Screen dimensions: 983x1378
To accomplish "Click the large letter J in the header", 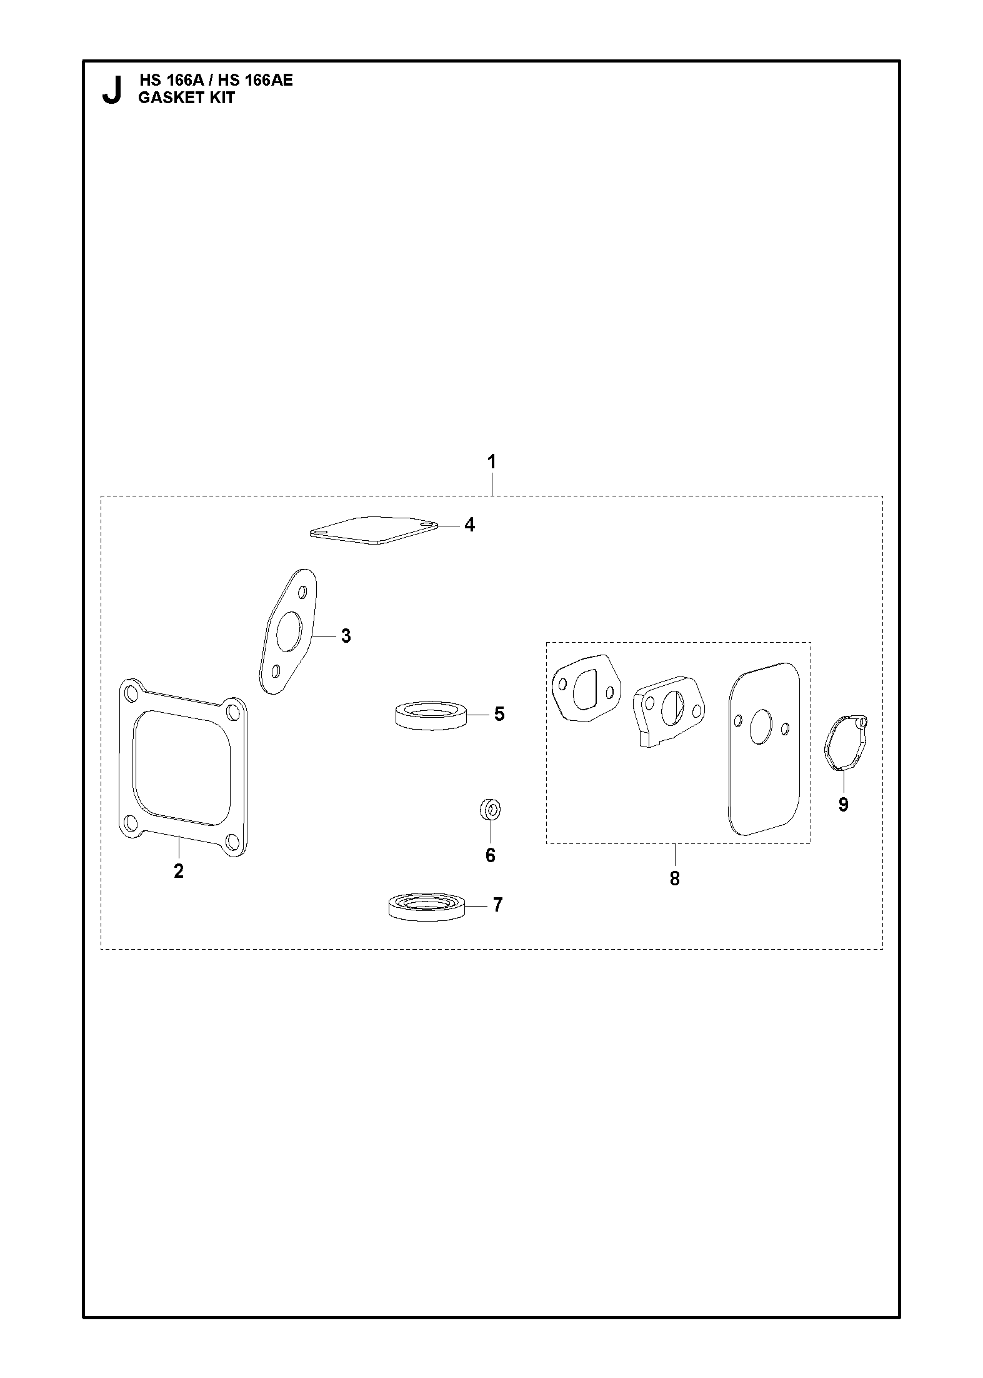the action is coord(111,90).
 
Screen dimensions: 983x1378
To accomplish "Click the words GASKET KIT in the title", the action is coord(186,98).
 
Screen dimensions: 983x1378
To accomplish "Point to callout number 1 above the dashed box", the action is coord(492,462).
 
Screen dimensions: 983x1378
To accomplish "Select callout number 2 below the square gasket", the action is coord(179,870).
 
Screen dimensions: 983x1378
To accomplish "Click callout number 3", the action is coord(346,636).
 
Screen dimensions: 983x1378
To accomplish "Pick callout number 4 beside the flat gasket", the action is coord(469,525).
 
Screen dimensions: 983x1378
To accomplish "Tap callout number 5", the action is coord(499,714).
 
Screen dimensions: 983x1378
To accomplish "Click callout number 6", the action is coord(491,855).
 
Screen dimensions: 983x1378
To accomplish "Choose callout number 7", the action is coord(497,905).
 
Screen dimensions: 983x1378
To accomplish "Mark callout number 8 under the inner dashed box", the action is coord(674,878).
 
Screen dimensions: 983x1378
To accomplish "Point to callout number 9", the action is coord(843,805).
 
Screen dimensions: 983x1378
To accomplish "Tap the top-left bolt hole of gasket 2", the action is coord(132,693).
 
